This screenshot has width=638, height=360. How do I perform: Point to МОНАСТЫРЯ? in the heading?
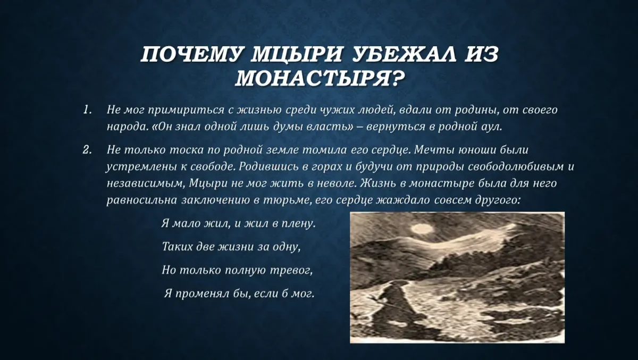tap(317, 79)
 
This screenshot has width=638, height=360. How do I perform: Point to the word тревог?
tap(295, 270)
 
